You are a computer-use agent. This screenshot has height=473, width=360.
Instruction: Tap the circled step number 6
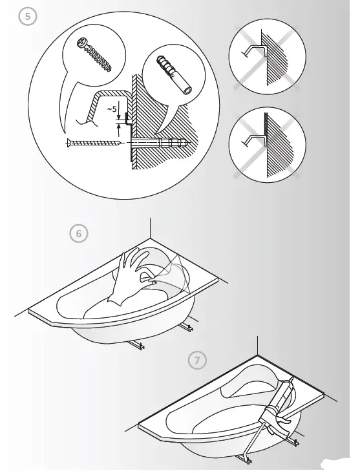click(79, 234)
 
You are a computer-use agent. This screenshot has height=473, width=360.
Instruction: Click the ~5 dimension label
click(112, 110)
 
